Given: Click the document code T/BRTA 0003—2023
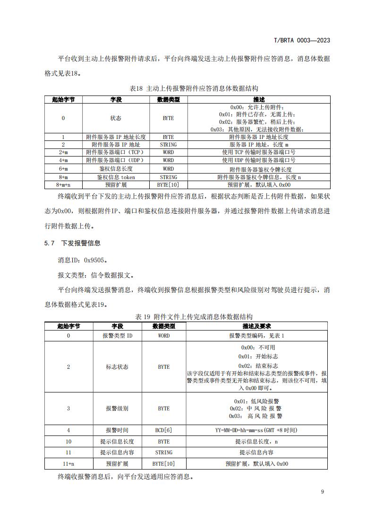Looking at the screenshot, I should (302, 40).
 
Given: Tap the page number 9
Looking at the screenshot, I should (322, 492).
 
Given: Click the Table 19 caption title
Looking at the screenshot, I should (187, 316).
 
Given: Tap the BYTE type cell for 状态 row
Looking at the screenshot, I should (168, 118).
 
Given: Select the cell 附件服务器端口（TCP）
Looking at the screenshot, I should (116, 152).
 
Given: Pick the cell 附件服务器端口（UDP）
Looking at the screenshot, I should (116, 160).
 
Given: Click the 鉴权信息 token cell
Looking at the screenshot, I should (116, 177).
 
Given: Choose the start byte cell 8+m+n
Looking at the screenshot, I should (63, 185).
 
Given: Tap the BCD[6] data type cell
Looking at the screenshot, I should (163, 430).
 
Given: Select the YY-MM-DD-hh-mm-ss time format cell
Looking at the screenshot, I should (256, 430).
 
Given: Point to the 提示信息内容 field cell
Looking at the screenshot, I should (117, 453).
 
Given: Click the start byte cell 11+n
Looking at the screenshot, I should (68, 464).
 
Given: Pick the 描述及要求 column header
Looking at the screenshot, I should (256, 326).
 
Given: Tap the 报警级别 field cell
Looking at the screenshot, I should (117, 409).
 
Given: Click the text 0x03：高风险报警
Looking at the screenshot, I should (256, 416).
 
